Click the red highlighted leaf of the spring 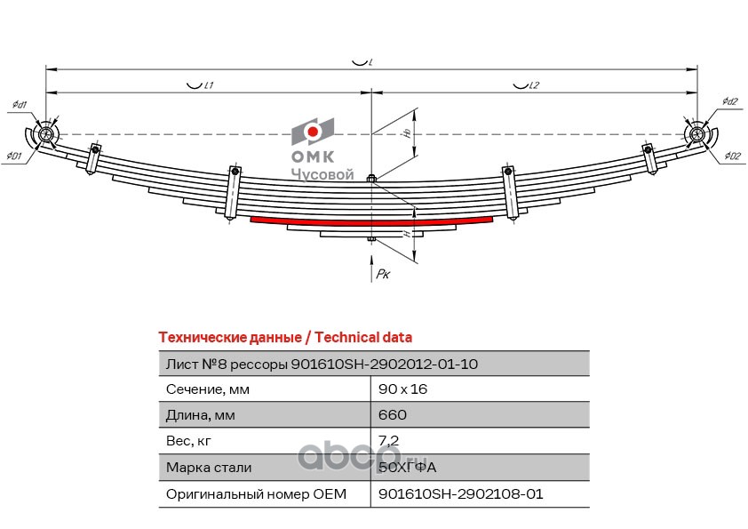click(x=373, y=220)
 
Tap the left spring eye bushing click(x=46, y=134)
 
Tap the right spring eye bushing click(x=698, y=134)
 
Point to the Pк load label click(x=383, y=276)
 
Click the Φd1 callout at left click(x=19, y=106)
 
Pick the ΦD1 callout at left click(x=13, y=157)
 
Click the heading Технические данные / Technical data click(x=284, y=338)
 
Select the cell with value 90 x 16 click(x=403, y=389)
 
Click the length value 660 click(x=393, y=415)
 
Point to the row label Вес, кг click(x=189, y=441)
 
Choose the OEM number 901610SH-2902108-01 click(x=460, y=493)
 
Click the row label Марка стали click(x=209, y=468)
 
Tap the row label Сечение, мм click(x=208, y=389)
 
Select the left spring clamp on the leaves click(x=234, y=190)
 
